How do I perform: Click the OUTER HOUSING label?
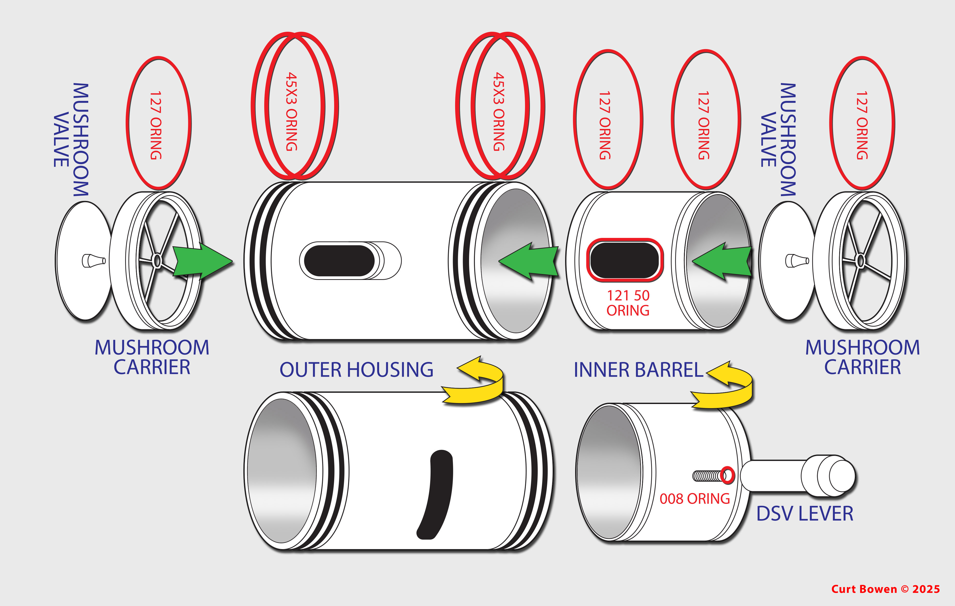point(356,370)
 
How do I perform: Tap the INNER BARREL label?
point(638,370)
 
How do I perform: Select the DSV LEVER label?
point(804,514)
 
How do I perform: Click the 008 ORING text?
point(694,499)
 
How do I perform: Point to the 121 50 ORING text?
point(628,303)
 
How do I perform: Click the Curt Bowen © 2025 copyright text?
point(885,589)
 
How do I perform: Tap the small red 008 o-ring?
point(727,475)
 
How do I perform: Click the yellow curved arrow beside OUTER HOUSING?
point(476,381)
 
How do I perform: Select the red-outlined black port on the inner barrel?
point(624,260)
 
